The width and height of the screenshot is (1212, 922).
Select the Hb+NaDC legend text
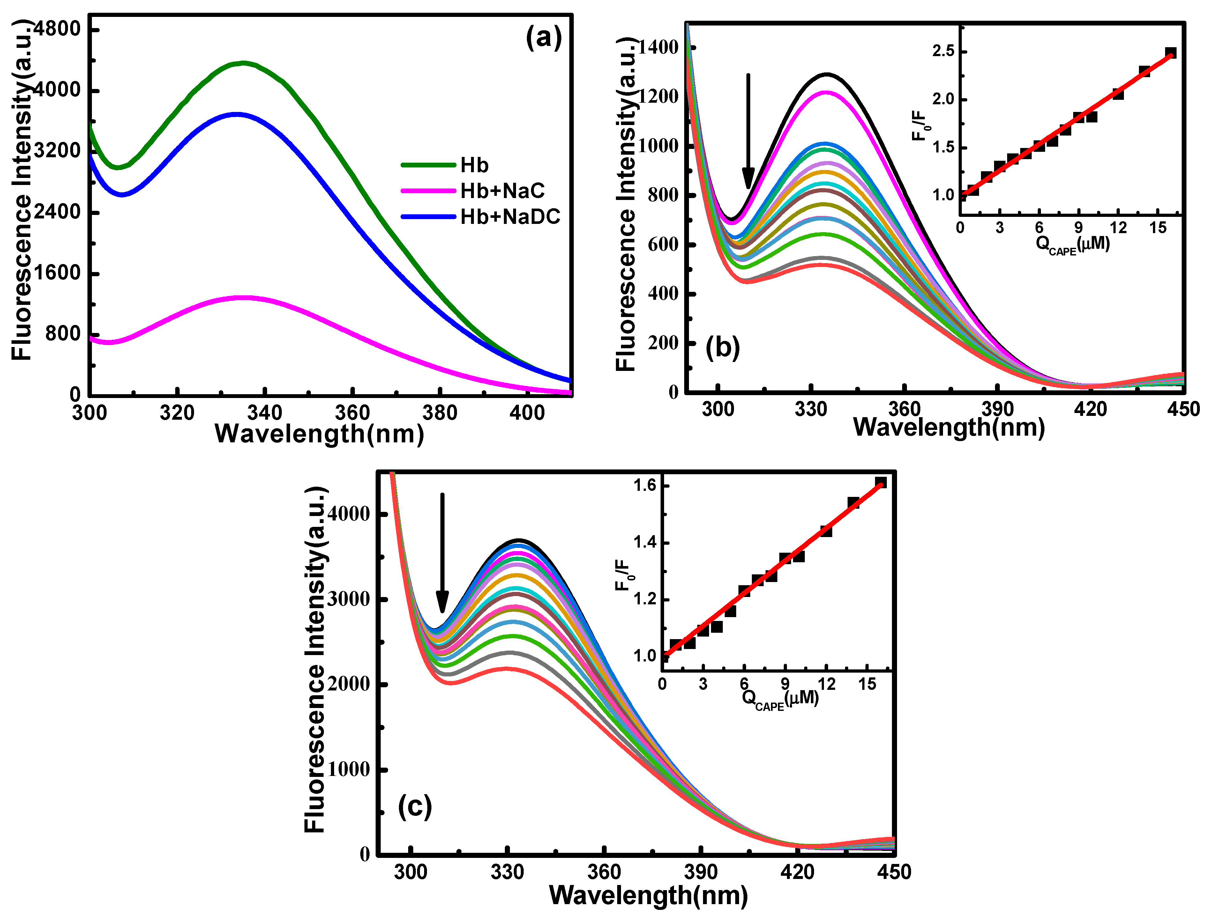[x=510, y=217]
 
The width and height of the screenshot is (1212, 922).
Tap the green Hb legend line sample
[x=428, y=165]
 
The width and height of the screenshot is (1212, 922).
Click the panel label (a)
[x=544, y=38]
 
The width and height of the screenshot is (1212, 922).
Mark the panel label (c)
[x=415, y=807]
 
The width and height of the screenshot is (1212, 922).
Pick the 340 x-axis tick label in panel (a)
[x=264, y=413]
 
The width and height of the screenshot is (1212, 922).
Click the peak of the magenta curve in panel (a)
[x=242, y=298]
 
